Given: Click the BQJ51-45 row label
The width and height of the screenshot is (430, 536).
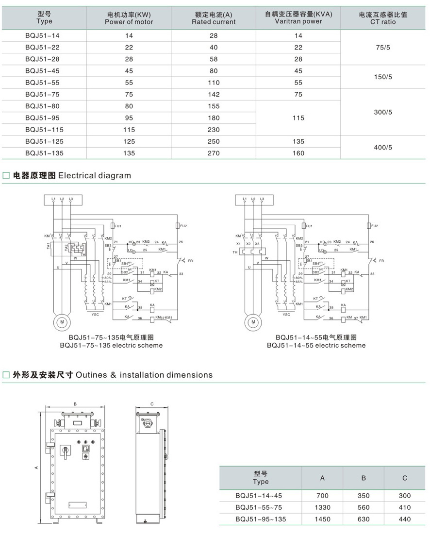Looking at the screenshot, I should click(x=43, y=71).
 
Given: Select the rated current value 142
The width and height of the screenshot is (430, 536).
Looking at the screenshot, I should click(x=213, y=94).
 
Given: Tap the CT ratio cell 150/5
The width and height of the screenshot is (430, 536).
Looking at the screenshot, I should click(x=383, y=77).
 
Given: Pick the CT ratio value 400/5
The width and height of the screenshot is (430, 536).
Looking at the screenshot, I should click(x=383, y=147).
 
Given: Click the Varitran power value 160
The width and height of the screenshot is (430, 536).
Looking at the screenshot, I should click(x=298, y=153).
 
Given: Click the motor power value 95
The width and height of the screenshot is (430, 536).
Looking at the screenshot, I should click(x=129, y=118).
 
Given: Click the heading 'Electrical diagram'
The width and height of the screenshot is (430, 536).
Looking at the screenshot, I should click(x=94, y=176).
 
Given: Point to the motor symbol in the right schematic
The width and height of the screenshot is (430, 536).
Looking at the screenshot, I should click(x=252, y=321).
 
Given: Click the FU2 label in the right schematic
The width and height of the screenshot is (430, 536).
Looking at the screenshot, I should click(x=374, y=226).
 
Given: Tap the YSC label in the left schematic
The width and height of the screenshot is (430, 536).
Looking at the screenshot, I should click(x=95, y=314).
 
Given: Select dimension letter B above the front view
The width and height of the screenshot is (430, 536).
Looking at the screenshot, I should click(x=75, y=404).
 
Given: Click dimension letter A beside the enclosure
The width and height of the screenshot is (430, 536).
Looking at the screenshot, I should click(x=36, y=468).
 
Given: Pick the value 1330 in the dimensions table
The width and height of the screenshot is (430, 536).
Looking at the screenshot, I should click(x=322, y=507).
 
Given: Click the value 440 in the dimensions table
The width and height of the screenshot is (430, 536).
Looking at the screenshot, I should click(x=404, y=519).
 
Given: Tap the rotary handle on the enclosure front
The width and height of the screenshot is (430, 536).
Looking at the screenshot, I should click(x=65, y=452).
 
